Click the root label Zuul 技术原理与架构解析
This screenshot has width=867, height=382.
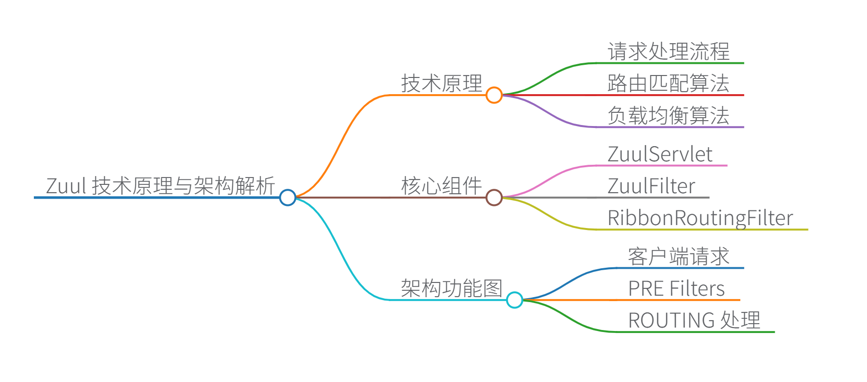pos(160,186)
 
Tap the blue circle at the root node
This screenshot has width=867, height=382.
pos(288,198)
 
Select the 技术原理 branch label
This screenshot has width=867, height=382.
pos(441,83)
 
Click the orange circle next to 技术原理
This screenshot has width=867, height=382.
pos(494,95)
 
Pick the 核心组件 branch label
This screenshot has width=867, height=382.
pos(441,186)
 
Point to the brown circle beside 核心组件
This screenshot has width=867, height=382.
pos(494,198)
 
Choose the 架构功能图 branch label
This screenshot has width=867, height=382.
pos(451,288)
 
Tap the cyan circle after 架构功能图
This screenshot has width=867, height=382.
pos(515,300)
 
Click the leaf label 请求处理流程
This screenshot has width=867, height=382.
pos(668,51)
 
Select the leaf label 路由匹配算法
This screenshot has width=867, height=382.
pos(668,83)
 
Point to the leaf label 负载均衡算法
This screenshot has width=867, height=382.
pos(668,116)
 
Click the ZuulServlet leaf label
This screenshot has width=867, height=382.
pos(660,154)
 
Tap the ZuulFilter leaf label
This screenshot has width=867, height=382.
pos(651,186)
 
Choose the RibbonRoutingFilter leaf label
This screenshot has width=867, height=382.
pos(700,218)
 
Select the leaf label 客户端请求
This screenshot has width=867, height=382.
pos(678,256)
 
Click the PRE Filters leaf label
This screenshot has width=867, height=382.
pos(677,288)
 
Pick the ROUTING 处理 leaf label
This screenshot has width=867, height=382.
pos(694,320)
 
